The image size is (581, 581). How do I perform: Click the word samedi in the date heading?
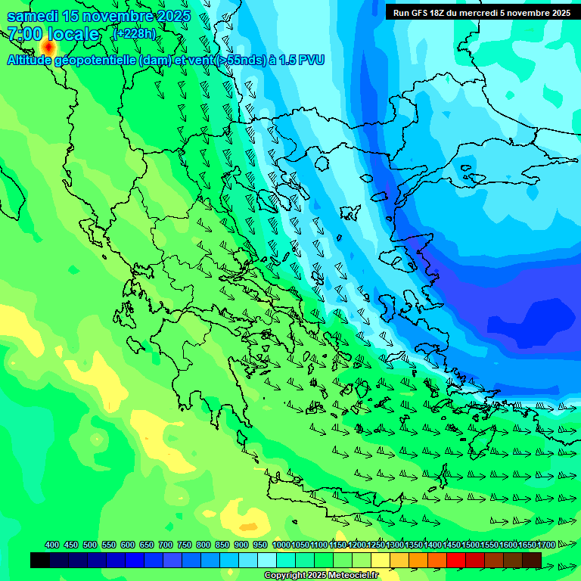(x=32, y=17)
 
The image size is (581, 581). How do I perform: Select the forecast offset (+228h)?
(x=134, y=33)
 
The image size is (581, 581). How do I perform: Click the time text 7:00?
(x=24, y=34)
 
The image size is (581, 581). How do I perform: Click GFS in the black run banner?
(x=422, y=12)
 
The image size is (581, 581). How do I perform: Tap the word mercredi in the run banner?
(x=482, y=12)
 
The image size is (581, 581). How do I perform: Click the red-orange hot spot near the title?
(x=49, y=47)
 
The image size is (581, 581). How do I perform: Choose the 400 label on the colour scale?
(x=52, y=545)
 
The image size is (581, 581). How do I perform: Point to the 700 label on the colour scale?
(x=166, y=545)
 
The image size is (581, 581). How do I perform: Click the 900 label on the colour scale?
(x=241, y=545)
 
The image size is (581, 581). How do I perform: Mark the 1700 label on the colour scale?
(x=546, y=545)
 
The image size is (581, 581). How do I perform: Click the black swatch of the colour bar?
(x=40, y=560)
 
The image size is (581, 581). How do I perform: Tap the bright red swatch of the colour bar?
(x=456, y=560)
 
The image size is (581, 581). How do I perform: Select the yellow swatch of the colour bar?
(x=381, y=560)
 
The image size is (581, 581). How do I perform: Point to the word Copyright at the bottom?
(x=285, y=576)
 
